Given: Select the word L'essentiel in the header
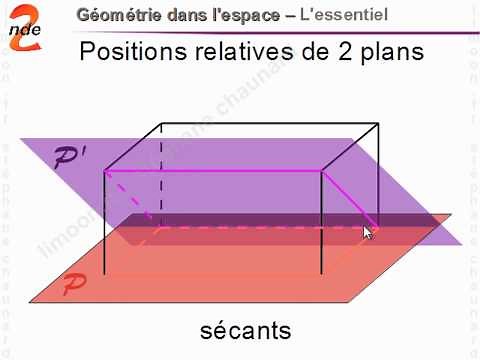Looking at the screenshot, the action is pyautogui.click(x=344, y=16).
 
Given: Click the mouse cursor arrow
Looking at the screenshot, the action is pyautogui.click(x=367, y=232).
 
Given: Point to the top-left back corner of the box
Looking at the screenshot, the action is pyautogui.click(x=162, y=126).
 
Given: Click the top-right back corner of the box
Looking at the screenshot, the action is pyautogui.click(x=377, y=126).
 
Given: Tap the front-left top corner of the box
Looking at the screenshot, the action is pyautogui.click(x=105, y=171).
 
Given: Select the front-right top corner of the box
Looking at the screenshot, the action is pyautogui.click(x=321, y=171).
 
